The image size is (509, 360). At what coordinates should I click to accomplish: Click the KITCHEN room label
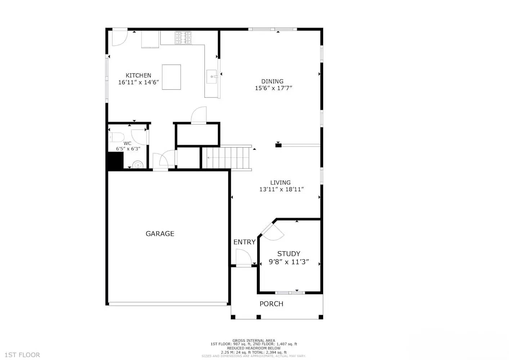click(x=138, y=76)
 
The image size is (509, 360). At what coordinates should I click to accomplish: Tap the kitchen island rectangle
click(x=171, y=77)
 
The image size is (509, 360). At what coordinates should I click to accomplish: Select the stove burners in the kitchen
click(x=183, y=38)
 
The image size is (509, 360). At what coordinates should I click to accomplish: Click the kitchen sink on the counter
click(x=211, y=77)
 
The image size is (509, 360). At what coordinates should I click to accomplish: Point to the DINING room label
click(x=272, y=81)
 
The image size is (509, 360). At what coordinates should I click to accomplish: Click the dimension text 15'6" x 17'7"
click(x=273, y=88)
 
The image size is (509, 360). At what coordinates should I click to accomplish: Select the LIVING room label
click(x=280, y=183)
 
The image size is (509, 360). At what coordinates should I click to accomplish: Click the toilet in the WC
click(x=116, y=137)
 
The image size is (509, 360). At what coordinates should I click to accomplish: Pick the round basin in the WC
click(x=138, y=165)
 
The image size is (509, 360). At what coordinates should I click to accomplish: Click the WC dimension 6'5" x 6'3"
click(x=128, y=149)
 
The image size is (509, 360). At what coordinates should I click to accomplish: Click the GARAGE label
click(x=160, y=234)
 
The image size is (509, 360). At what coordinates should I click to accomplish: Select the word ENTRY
click(x=244, y=242)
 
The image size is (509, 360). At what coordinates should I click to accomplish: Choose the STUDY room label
click(x=289, y=254)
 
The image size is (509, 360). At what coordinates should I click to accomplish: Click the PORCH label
click(x=271, y=304)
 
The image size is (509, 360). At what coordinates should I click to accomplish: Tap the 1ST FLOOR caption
click(x=22, y=355)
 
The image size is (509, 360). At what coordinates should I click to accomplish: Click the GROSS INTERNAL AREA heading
click(x=254, y=341)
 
